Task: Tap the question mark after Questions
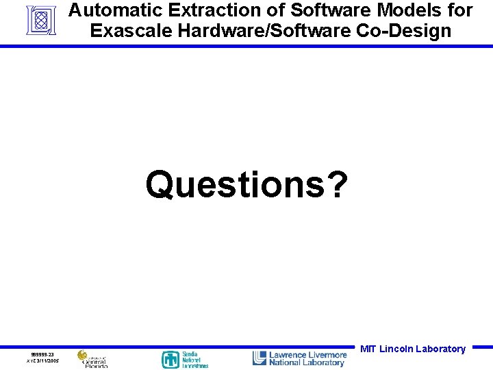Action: (x=335, y=185)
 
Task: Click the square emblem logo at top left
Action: (x=40, y=20)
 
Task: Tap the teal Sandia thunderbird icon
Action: (x=170, y=360)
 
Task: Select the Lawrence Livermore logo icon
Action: (x=260, y=358)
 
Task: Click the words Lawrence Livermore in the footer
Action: (x=308, y=355)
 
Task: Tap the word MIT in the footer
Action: (x=368, y=349)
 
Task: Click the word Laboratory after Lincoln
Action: (x=440, y=349)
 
